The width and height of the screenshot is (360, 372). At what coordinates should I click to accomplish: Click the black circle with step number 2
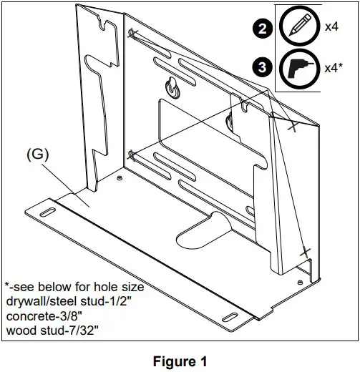[263, 30]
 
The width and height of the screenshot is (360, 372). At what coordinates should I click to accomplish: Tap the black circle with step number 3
[263, 69]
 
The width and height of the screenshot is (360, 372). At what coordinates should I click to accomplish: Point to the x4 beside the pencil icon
[331, 27]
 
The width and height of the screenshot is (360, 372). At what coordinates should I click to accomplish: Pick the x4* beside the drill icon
[334, 68]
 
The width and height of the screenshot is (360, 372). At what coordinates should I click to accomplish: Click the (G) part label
[37, 154]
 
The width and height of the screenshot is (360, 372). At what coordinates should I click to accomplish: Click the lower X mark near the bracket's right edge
[305, 251]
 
